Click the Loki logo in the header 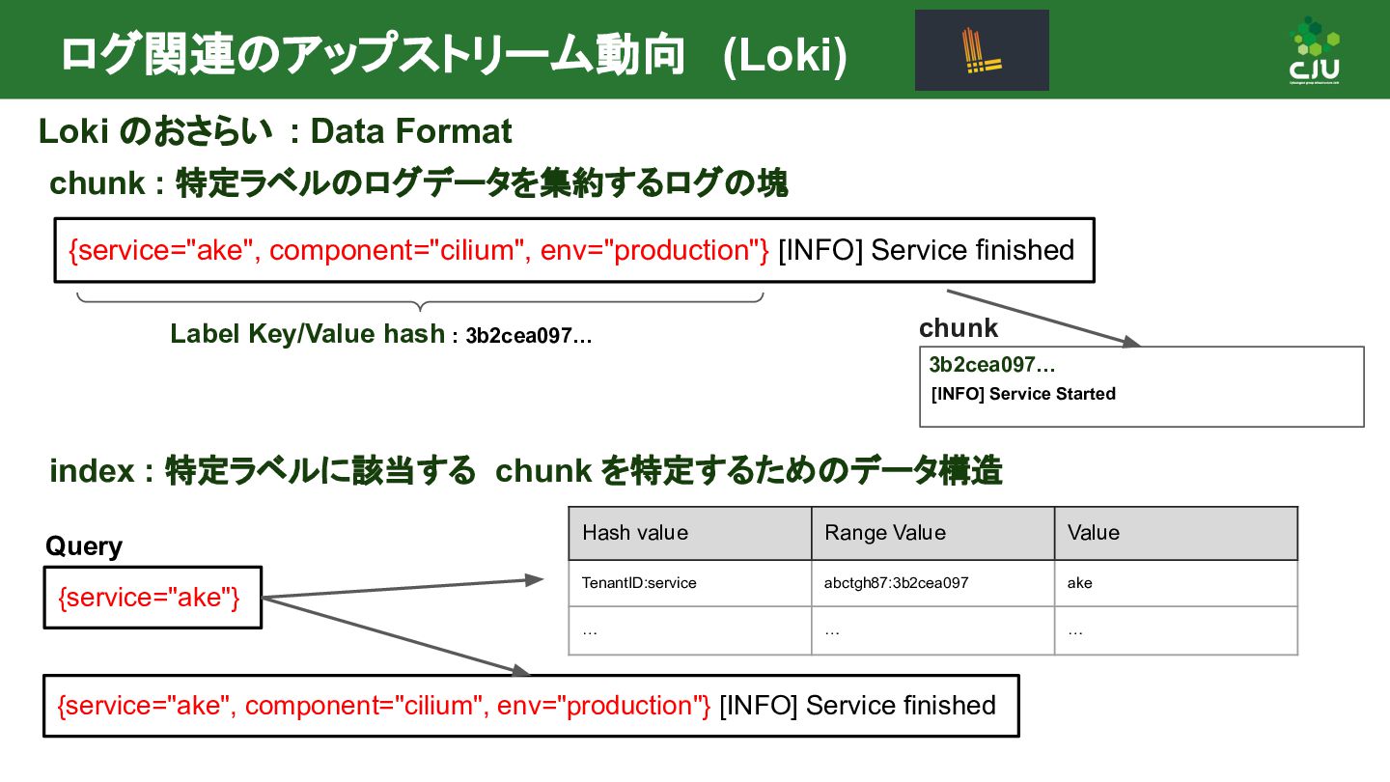[x=982, y=50]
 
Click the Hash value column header [x=635, y=533]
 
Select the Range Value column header [x=885, y=533]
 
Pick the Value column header [x=1094, y=533]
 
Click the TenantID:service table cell [x=639, y=583]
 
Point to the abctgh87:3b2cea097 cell [x=897, y=583]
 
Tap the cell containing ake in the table [x=1080, y=583]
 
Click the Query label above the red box [x=84, y=546]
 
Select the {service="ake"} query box [x=153, y=598]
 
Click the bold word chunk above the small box [x=959, y=328]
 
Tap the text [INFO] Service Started [x=1023, y=394]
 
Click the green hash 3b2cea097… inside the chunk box [x=991, y=365]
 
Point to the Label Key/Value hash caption [x=307, y=334]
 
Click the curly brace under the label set [x=420, y=302]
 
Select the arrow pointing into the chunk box [x=1042, y=318]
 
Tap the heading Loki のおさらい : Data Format [x=275, y=131]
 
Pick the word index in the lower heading [x=92, y=471]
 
